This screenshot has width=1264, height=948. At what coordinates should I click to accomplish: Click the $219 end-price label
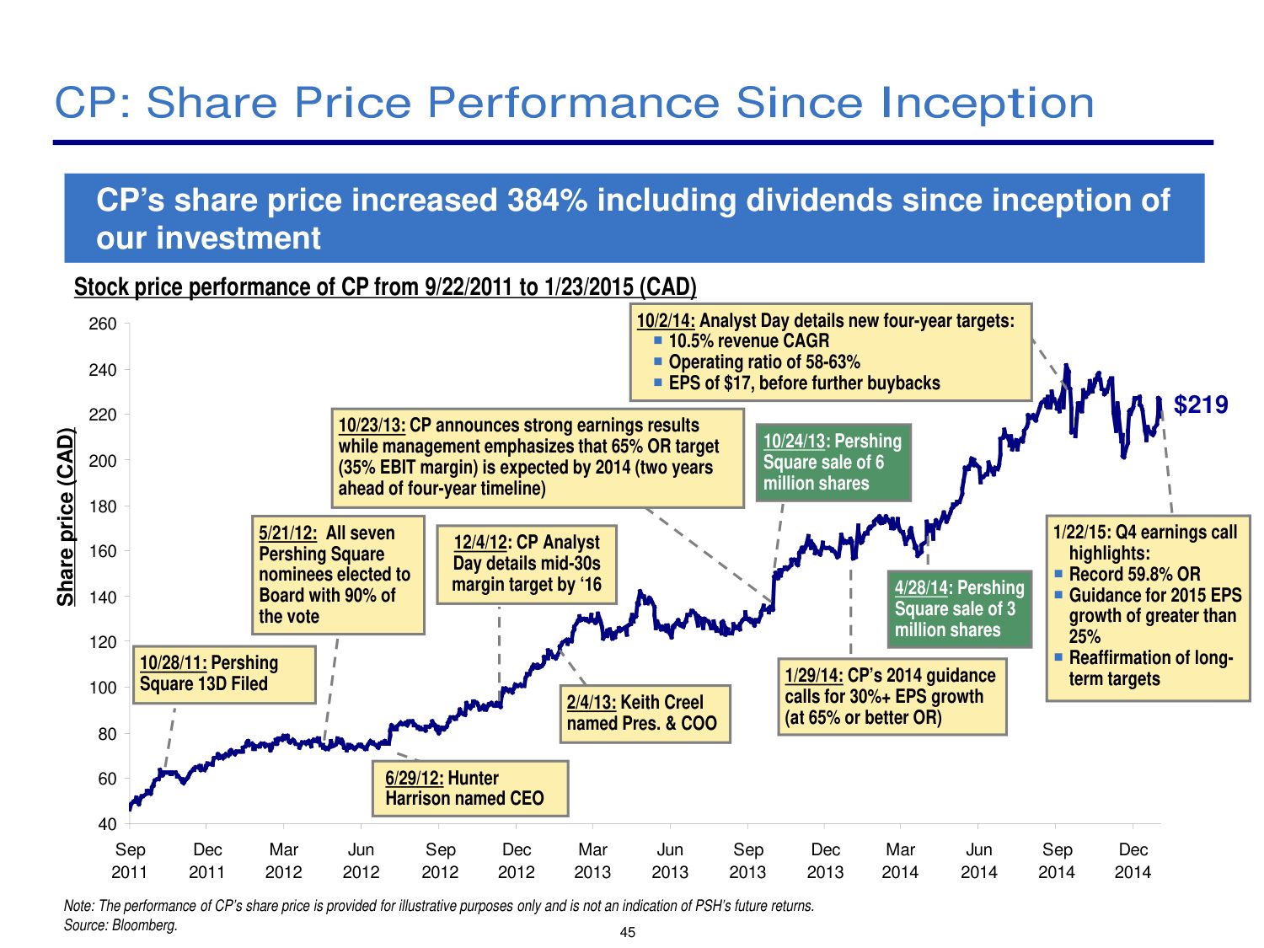[x=1201, y=405]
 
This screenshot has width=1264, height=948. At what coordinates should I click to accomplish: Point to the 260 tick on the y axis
[x=103, y=324]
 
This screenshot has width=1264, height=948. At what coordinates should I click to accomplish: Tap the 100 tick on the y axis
[x=103, y=688]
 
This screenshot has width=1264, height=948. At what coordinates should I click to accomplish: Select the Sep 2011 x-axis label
[x=130, y=860]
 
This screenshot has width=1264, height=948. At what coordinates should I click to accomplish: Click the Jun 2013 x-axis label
[x=670, y=860]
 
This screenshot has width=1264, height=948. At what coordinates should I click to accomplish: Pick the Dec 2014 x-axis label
[x=1133, y=860]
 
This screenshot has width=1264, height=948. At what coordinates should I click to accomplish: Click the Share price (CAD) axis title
[x=66, y=517]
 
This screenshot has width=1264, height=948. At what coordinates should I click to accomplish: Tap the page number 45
[x=627, y=932]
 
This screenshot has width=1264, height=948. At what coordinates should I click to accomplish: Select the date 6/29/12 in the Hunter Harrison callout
[x=414, y=778]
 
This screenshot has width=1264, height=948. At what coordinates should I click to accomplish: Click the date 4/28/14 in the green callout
[x=922, y=588]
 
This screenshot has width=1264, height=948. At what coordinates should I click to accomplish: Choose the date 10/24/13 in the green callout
[x=794, y=441]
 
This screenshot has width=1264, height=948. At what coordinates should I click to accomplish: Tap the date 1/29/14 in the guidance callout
[x=813, y=675]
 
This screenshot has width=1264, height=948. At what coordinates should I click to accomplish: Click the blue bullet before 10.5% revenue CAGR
[x=658, y=340]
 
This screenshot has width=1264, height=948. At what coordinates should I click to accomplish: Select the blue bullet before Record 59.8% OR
[x=1059, y=574]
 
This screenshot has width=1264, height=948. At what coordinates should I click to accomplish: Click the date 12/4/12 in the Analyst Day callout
[x=480, y=543]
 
